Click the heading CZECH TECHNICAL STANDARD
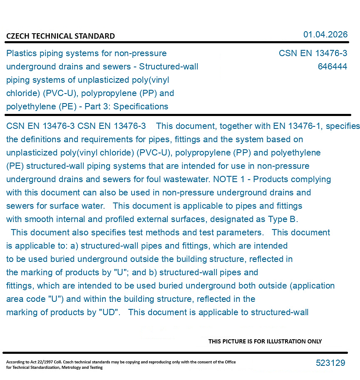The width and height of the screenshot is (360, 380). coord(60,36)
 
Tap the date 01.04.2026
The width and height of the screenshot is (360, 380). coord(325,35)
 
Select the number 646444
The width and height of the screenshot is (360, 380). coord(332,67)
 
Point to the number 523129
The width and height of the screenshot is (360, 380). coord(330,363)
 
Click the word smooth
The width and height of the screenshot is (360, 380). coord(39,219)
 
